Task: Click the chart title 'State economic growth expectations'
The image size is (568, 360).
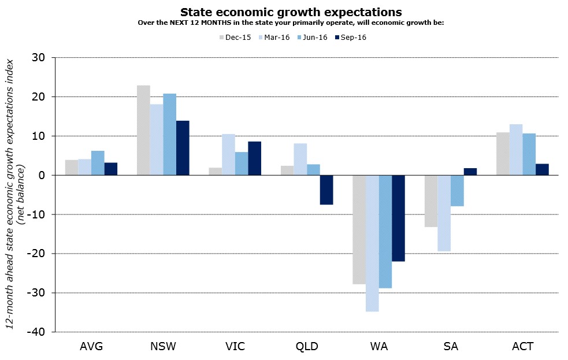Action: point(291,12)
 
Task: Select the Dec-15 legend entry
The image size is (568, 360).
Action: point(234,38)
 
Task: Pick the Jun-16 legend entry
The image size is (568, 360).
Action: point(311,38)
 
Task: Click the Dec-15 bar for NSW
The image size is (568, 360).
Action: point(143,130)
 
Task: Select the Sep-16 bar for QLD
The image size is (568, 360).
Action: point(326,190)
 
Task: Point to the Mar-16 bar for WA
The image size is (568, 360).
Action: point(372,243)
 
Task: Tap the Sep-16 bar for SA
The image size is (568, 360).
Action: point(470,172)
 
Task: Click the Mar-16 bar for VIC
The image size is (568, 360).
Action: point(228,154)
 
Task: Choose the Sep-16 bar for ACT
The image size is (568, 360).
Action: point(542,169)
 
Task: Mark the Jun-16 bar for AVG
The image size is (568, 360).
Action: point(98,163)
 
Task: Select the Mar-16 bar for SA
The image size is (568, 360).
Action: point(444,213)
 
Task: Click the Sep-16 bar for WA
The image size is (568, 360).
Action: point(398,218)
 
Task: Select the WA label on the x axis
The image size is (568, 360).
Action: point(379,347)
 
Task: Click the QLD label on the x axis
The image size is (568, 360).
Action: point(307,347)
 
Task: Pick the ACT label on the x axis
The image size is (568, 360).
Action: point(522,347)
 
